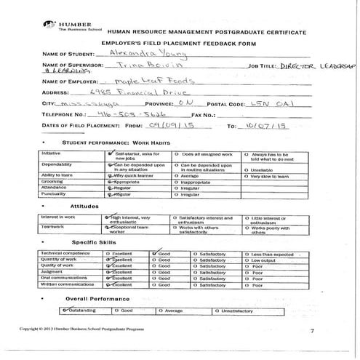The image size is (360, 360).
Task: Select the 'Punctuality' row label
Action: click(54, 194)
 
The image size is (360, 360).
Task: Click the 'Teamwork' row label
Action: click(52, 226)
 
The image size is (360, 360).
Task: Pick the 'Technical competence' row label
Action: click(65, 252)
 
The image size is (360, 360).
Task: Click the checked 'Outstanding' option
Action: click(76, 310)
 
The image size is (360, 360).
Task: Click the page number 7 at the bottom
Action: click(311, 332)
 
